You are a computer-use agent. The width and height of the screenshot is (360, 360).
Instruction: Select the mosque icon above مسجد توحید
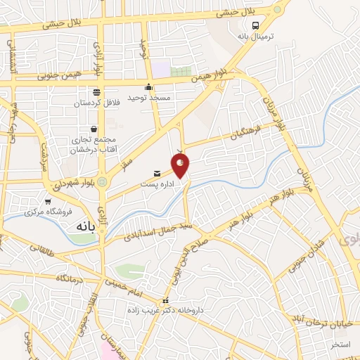[x=148, y=87]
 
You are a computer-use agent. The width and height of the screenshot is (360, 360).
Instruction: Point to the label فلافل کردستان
[x=97, y=103]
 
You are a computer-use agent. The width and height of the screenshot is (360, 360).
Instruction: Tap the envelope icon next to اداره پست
[x=157, y=173]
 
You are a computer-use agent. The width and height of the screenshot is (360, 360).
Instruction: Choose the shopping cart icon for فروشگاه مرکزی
[x=49, y=200]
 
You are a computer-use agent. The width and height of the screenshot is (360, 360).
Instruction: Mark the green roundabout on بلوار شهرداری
[x=103, y=182]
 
